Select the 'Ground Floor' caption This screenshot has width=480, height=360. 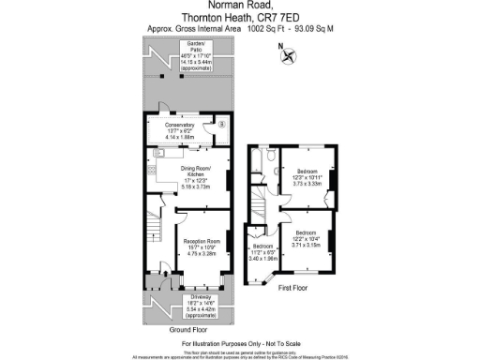pyautogui.click(x=187, y=330)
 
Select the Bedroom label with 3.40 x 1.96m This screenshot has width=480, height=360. pyautogui.click(x=263, y=246)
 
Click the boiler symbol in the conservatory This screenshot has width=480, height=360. pyautogui.click(x=221, y=124)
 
